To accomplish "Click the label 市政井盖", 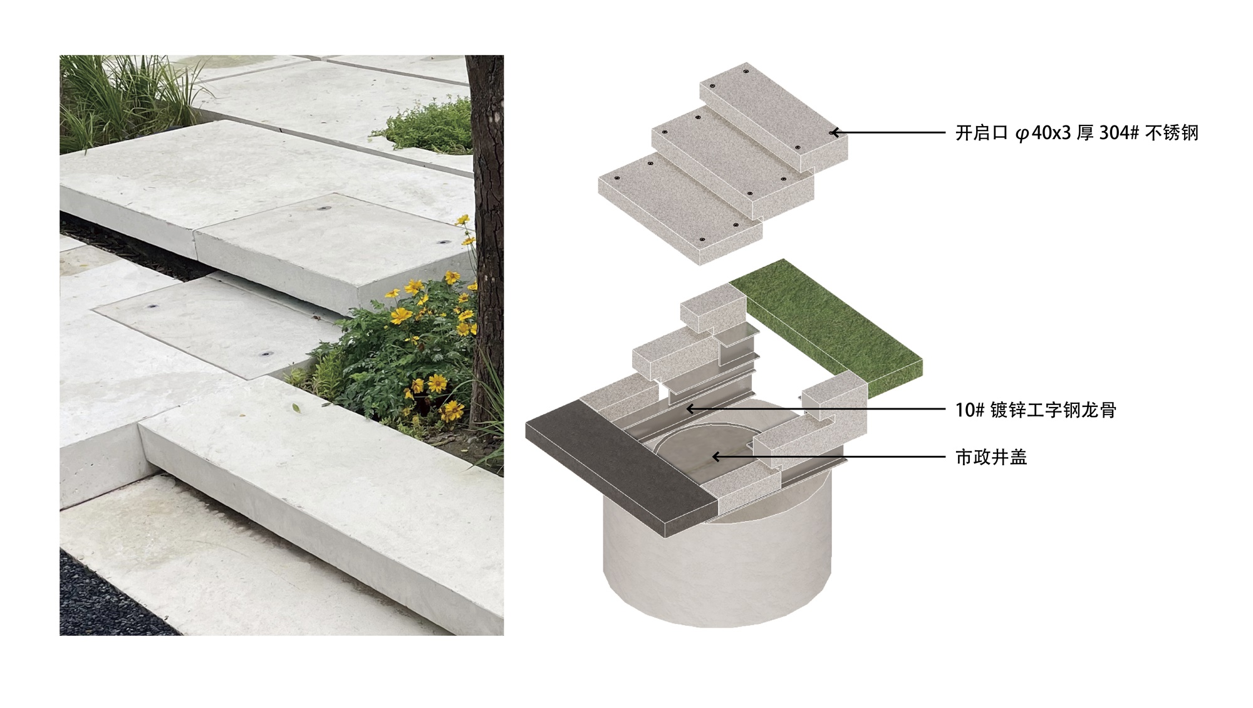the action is click(991, 457).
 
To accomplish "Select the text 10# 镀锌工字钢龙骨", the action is click(1036, 410).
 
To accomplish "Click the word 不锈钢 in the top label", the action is click(1172, 133).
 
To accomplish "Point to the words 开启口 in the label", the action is click(982, 133).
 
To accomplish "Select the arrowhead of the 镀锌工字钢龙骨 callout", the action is click(690, 409).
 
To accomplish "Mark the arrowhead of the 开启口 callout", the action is click(834, 133).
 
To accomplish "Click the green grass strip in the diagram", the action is click(827, 326).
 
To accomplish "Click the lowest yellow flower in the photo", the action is click(451, 410).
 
